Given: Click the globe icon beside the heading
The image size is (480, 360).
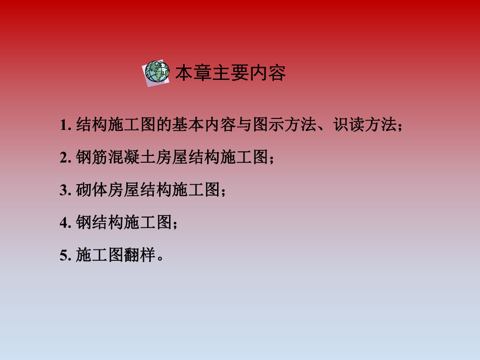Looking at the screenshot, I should click(157, 72).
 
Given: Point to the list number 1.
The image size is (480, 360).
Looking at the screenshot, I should click(64, 126).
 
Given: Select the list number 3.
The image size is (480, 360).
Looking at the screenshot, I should click(64, 191).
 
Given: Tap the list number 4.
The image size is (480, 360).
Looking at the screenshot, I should click(64, 223).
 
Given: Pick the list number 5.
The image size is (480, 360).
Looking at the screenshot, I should click(64, 256).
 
